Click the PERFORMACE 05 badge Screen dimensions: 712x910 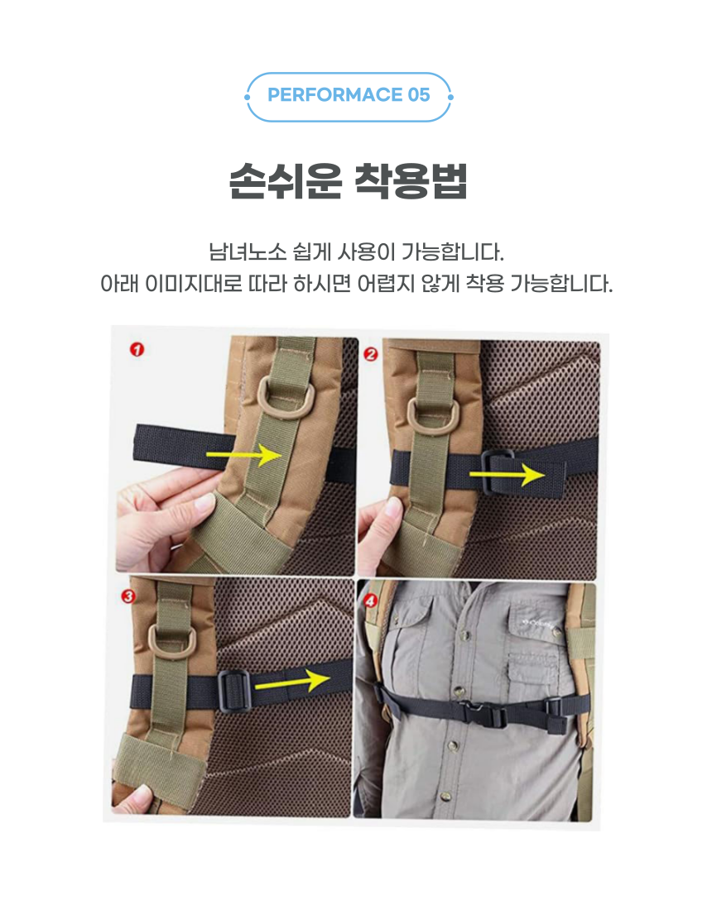[349, 96]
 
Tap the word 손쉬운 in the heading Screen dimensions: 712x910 [285, 181]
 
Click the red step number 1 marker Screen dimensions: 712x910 [137, 349]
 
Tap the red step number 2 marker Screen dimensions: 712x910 [371, 353]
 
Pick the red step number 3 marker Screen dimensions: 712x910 [127, 596]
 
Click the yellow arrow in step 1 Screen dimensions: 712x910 [244, 454]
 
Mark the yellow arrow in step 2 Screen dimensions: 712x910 [507, 475]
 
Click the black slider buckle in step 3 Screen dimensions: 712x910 [234, 690]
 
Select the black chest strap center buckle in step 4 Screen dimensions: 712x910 [482, 715]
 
